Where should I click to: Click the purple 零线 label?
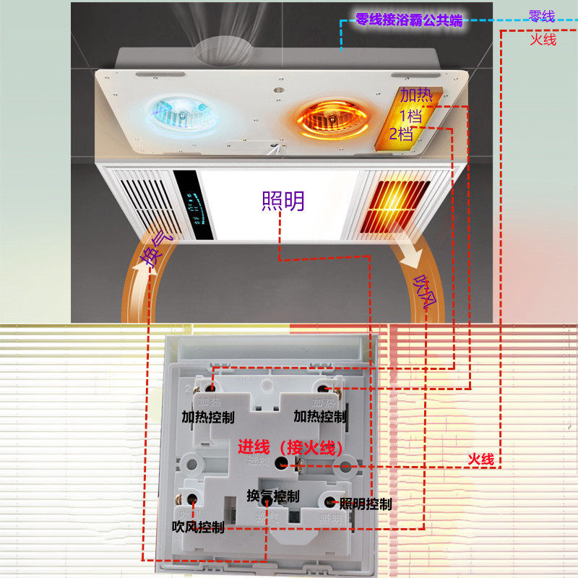pos(542,16)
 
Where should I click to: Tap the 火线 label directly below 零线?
pos(543,39)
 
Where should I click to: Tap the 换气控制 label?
pos(272,496)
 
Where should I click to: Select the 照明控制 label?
pos(366,504)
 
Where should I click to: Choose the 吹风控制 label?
pos(198,527)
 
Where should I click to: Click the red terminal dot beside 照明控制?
pos(331,500)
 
